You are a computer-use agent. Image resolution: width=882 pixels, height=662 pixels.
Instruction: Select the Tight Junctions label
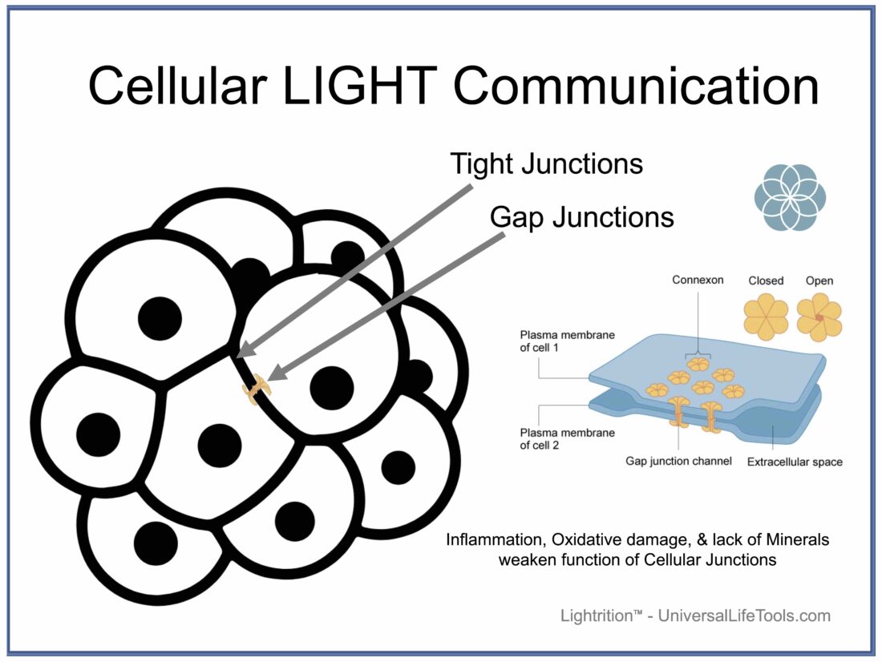546,163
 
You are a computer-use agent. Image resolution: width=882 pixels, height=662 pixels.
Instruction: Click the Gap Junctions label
581,216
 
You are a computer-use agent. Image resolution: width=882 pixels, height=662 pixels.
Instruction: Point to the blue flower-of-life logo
790,196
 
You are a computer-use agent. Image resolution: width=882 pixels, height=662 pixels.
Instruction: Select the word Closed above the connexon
766,281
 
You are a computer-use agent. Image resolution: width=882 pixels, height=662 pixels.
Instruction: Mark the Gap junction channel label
678,462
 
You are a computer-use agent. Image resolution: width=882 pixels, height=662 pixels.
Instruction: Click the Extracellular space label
795,462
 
